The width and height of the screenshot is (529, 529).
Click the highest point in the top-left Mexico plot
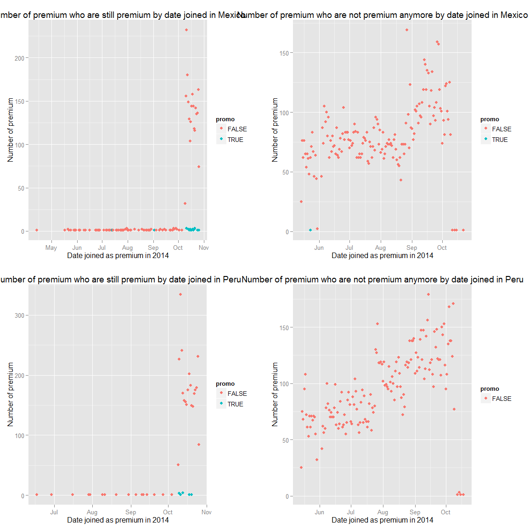[x=186, y=30]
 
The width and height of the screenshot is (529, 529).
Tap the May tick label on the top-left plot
[x=51, y=248]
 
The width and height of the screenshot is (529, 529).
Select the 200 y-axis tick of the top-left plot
[x=20, y=58]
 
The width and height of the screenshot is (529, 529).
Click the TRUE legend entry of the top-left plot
[x=235, y=140]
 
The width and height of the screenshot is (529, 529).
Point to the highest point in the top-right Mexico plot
[x=407, y=30]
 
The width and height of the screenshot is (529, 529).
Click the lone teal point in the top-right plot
[x=310, y=230]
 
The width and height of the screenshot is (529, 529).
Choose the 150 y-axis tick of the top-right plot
[x=284, y=53]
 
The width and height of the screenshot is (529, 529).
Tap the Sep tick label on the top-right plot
[x=411, y=248]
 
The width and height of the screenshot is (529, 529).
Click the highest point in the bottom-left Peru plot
[x=180, y=294]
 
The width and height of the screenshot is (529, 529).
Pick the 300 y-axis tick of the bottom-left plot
[x=20, y=315]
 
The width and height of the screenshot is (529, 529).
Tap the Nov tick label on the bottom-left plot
[x=206, y=512]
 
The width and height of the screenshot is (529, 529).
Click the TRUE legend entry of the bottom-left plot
[x=235, y=404]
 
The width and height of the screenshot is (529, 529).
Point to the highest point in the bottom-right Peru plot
[x=428, y=294]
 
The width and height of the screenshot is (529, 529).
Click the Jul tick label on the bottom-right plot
[x=350, y=512]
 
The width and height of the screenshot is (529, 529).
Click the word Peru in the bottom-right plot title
[x=514, y=280]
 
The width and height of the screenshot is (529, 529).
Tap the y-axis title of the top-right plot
[x=275, y=130]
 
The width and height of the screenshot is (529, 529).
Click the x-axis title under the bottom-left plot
[x=118, y=520]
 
